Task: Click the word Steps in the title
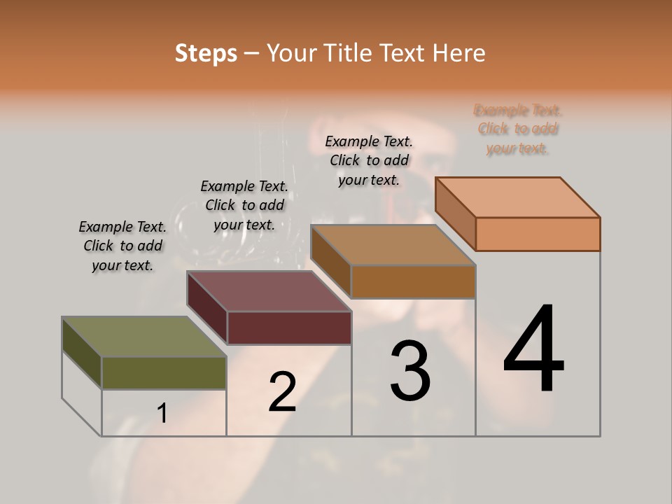[206, 53]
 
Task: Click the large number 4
[534, 349]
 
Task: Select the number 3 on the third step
[410, 371]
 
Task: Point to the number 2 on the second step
[282, 392]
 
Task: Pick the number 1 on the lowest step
[162, 414]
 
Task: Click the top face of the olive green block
[144, 337]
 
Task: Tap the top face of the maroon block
[269, 291]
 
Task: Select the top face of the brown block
[393, 245]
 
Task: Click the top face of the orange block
[518, 197]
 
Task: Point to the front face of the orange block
[538, 234]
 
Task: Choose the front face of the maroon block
[289, 328]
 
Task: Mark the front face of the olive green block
[164, 372]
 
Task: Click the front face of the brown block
[413, 282]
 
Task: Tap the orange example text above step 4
[517, 129]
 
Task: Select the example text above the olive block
[122, 246]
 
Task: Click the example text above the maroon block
[244, 205]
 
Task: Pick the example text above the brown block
[369, 160]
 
